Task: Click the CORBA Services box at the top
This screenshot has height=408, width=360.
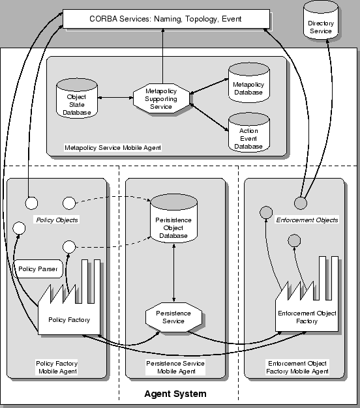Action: (x=165, y=19)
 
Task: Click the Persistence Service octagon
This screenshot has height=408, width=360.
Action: (x=173, y=317)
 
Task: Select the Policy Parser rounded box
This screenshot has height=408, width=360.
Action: (x=38, y=269)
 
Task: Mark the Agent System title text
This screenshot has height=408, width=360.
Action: (x=175, y=394)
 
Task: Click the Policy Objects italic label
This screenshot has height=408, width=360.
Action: (x=56, y=220)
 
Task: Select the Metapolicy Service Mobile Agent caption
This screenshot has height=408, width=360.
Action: (x=113, y=148)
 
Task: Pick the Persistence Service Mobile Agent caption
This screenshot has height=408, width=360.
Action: (x=175, y=368)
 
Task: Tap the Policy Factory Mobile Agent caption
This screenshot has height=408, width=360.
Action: (x=57, y=368)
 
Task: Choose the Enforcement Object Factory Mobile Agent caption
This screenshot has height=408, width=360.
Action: (x=297, y=368)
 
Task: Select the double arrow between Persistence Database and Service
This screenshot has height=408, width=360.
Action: (x=173, y=274)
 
